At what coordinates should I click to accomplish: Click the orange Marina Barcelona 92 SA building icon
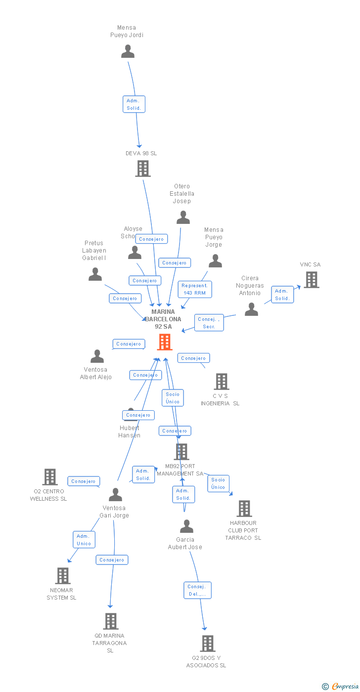click(x=165, y=342)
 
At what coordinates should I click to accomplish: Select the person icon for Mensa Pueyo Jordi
click(x=128, y=51)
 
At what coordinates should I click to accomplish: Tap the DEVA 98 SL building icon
click(x=142, y=169)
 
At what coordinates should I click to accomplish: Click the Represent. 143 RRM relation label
click(x=195, y=289)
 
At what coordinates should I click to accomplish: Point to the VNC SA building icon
click(x=311, y=280)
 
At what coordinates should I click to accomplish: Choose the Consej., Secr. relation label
click(x=209, y=323)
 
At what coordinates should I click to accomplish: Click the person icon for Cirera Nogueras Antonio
click(x=251, y=309)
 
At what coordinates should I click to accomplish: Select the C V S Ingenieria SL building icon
click(x=221, y=382)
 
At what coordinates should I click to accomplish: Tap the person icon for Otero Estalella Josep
click(x=183, y=217)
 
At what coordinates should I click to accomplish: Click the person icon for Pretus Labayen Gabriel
click(x=95, y=274)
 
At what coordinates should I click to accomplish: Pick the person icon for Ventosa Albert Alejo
click(x=97, y=356)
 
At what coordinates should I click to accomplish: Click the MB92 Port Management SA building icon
click(x=181, y=452)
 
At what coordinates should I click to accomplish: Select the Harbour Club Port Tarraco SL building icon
click(x=244, y=509)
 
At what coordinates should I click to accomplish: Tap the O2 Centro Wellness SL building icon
click(x=50, y=477)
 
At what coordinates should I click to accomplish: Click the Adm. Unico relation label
click(x=84, y=540)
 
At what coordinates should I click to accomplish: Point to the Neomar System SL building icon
click(x=63, y=576)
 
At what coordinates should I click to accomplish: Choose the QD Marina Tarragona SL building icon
click(x=110, y=621)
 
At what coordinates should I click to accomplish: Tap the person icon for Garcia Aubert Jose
click(x=186, y=526)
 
